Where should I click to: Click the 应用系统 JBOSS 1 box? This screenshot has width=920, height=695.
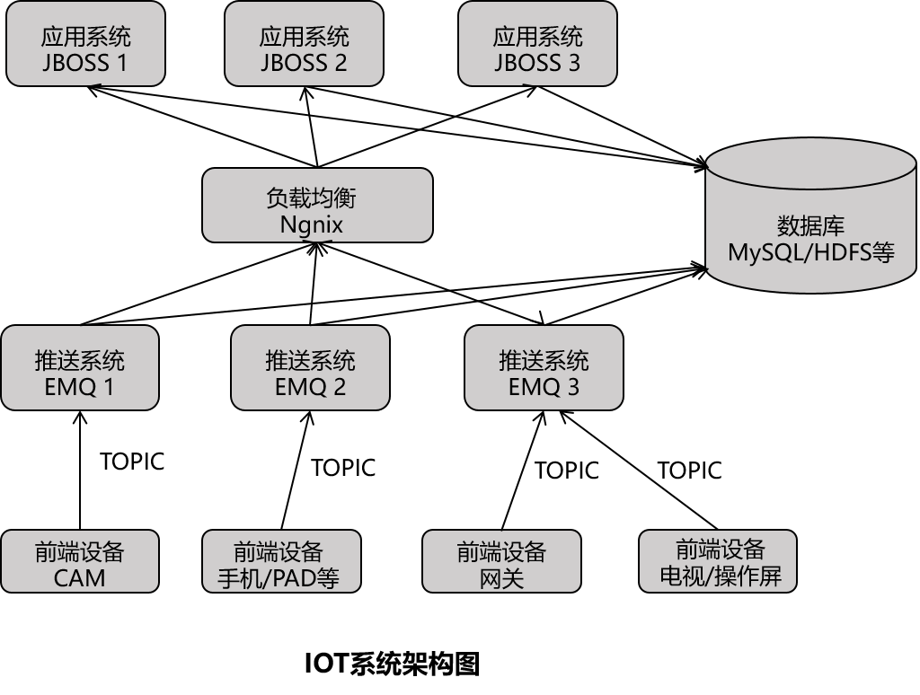(85, 44)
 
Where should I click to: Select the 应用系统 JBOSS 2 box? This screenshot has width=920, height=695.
(304, 44)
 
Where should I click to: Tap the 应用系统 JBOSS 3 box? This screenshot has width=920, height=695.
(537, 44)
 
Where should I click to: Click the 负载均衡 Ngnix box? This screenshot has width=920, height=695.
(317, 206)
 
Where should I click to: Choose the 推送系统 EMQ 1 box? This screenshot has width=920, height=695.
(80, 367)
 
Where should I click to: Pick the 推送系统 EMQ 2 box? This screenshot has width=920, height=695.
(310, 367)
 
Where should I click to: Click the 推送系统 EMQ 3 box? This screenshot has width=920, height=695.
(544, 367)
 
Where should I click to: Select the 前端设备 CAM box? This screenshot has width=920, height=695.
(80, 561)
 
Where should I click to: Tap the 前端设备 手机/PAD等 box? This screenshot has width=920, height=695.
(281, 561)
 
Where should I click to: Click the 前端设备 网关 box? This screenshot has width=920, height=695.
(501, 561)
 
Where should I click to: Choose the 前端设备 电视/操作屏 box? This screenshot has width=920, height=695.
(718, 561)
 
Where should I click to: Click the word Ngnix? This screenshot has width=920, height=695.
(312, 224)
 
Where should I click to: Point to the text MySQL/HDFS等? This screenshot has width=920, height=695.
(810, 252)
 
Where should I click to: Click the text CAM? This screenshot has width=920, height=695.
(80, 577)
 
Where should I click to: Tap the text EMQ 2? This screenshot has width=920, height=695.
(310, 387)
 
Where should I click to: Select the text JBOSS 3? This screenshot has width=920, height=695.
(537, 63)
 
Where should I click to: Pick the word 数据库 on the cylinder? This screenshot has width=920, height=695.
(810, 225)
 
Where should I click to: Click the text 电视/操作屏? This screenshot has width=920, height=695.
(721, 576)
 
